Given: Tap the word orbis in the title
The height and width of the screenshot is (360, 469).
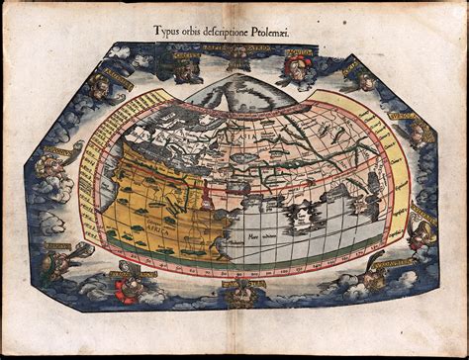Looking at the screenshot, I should click(x=205, y=29).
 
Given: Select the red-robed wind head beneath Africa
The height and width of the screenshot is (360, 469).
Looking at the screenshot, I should click(x=128, y=288).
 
